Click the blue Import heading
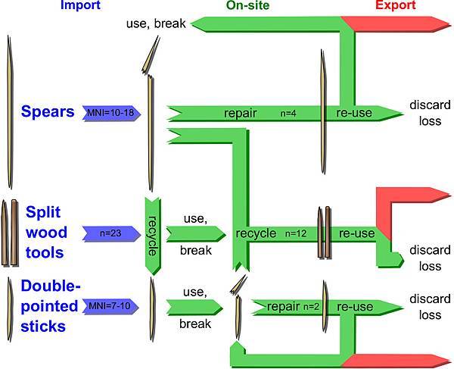[80, 6]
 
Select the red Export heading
[395, 6]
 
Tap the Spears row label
[48, 112]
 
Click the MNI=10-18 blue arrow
[110, 113]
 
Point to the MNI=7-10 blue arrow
[110, 306]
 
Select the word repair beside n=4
[241, 114]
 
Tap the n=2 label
[311, 307]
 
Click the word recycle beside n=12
[256, 233]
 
